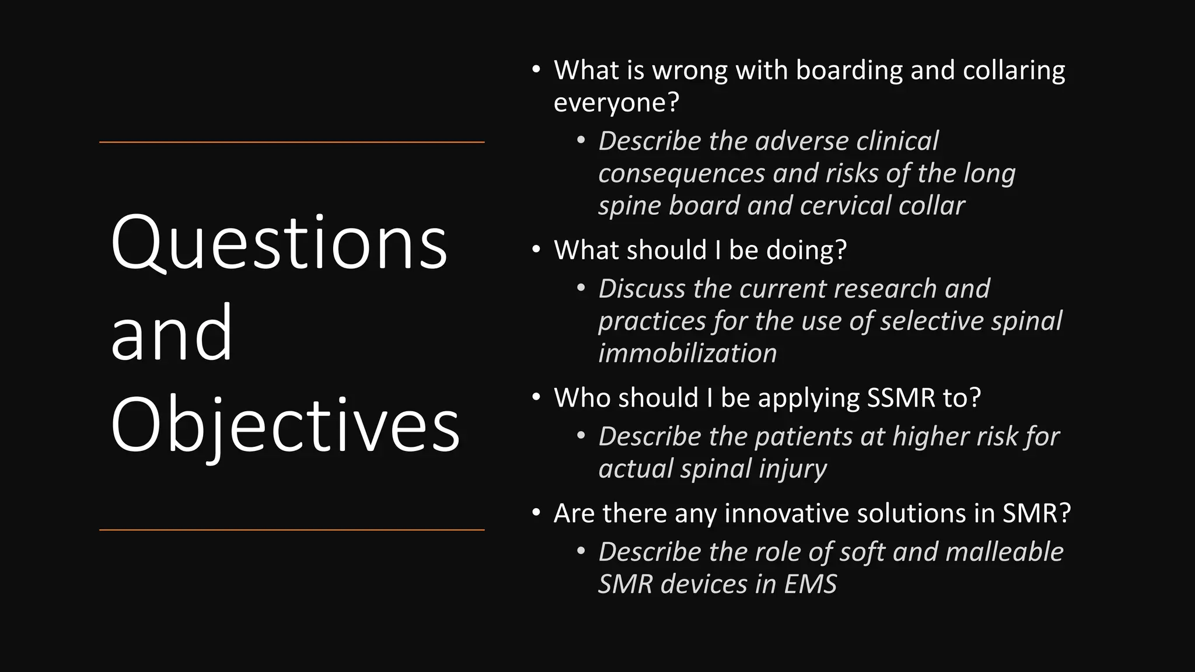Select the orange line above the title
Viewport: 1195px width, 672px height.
(x=292, y=142)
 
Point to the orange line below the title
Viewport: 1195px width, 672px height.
(x=292, y=530)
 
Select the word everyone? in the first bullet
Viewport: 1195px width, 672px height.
(x=616, y=103)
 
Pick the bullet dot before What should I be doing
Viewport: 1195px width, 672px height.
(x=536, y=250)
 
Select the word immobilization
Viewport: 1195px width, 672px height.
(x=687, y=353)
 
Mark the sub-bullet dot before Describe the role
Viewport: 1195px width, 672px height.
(x=581, y=551)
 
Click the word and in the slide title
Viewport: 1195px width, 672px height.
(x=172, y=334)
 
